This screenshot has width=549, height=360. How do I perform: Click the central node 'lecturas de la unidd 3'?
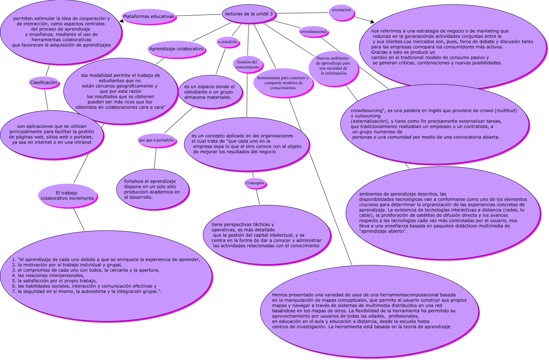249,14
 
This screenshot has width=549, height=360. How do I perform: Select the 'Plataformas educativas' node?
149,16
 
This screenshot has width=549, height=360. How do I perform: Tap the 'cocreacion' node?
341,10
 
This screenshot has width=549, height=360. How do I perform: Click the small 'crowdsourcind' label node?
313,32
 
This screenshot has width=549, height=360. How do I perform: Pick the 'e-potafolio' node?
228,42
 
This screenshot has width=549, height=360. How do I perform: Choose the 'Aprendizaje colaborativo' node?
176,49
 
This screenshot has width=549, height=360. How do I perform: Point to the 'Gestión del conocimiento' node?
248,64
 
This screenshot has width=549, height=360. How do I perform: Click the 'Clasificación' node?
44,83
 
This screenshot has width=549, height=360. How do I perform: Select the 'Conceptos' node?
255,183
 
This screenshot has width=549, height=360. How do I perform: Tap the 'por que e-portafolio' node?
157,140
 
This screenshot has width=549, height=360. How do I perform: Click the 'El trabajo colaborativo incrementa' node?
67,196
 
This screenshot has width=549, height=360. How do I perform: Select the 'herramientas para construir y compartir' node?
283,83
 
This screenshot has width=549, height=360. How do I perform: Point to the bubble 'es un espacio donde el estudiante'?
209,92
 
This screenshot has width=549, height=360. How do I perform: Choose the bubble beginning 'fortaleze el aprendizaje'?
152,189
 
